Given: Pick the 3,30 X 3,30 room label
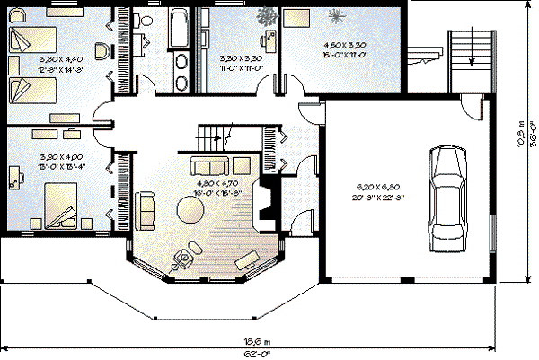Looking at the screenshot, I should tap(240, 62).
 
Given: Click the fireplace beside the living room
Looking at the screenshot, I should tap(263, 200).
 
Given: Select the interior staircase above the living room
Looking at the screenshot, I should tap(214, 139).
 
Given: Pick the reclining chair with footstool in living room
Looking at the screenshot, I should tap(184, 258).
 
